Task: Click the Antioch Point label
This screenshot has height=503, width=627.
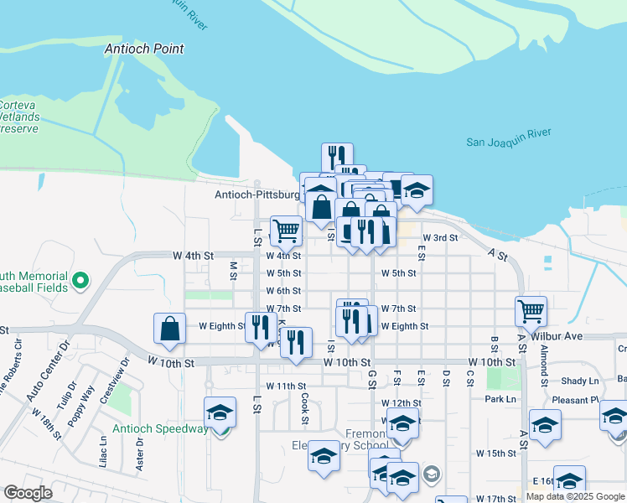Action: point(144,49)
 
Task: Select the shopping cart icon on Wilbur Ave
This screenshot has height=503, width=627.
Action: point(531,311)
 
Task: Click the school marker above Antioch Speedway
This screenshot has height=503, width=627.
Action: point(220,412)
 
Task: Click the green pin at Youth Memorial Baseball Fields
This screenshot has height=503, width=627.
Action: point(80,280)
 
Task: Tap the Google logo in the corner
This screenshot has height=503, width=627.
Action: point(28,493)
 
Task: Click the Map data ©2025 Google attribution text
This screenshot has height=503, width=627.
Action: point(576,496)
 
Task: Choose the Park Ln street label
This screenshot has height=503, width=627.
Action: point(500,399)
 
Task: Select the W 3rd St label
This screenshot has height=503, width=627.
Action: point(441,238)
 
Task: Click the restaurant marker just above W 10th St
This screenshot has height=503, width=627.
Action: point(295,343)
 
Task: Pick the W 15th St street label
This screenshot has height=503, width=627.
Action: point(496,453)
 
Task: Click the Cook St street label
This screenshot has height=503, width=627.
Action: point(304,410)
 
